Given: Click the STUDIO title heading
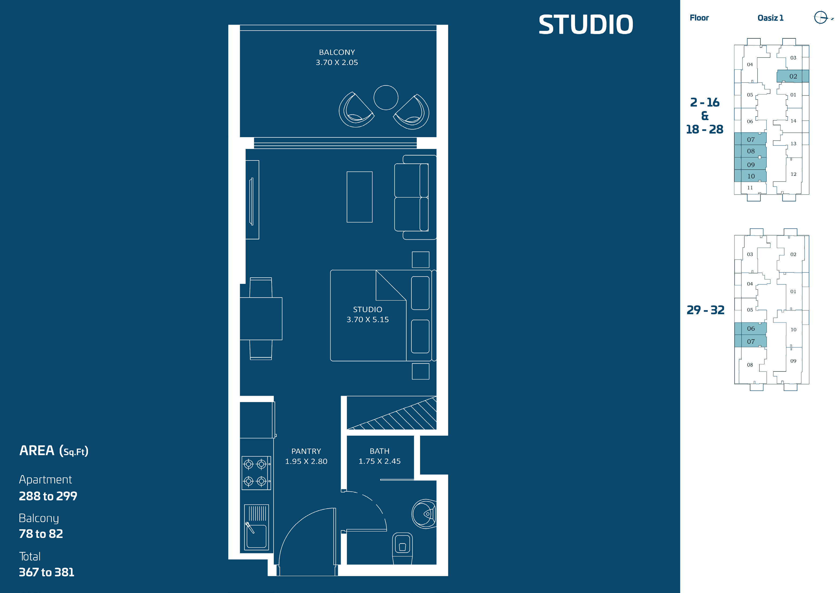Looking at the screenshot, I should (585, 25).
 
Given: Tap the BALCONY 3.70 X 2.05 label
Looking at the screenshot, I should (337, 57).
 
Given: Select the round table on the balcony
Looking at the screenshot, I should (386, 97).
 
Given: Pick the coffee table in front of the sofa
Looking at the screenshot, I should (359, 197).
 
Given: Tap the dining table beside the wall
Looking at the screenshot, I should (261, 319).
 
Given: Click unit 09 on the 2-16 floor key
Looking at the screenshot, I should (750, 165).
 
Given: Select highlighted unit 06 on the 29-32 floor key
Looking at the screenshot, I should (750, 328).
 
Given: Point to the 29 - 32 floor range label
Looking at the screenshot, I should (705, 310).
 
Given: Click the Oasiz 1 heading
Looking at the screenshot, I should (770, 18).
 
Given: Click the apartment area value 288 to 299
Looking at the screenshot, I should (48, 496).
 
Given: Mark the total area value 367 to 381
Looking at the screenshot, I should (47, 572).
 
